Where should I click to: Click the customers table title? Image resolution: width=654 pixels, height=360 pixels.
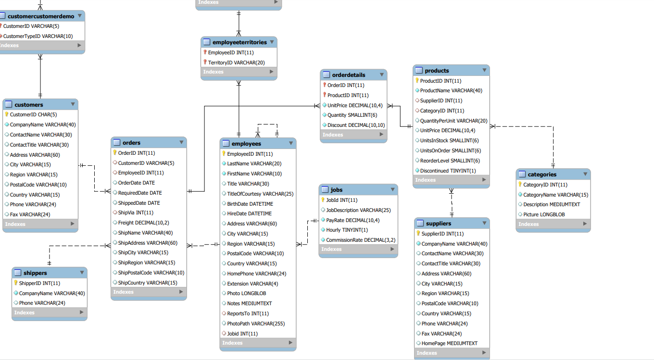pyautogui.click(x=29, y=104)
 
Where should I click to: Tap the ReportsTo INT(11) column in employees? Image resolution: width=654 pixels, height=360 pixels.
pyautogui.click(x=248, y=313)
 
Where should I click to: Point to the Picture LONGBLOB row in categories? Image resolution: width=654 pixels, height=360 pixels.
pyautogui.click(x=544, y=214)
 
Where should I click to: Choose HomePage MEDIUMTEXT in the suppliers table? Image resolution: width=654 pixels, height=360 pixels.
pyautogui.click(x=449, y=343)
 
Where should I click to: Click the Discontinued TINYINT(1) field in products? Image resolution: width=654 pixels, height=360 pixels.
pyautogui.click(x=448, y=171)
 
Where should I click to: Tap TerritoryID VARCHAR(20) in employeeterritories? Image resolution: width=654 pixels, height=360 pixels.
pyautogui.click(x=236, y=62)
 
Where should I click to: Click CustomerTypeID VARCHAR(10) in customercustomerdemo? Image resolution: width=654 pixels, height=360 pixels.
pyautogui.click(x=38, y=36)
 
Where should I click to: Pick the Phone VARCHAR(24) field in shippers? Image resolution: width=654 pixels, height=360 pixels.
pyautogui.click(x=42, y=303)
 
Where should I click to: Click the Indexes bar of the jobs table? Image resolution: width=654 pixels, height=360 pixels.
pyautogui.click(x=358, y=249)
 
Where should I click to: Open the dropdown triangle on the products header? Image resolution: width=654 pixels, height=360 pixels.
pyautogui.click(x=484, y=70)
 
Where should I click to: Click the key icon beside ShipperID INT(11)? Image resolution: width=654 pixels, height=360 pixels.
pyautogui.click(x=15, y=283)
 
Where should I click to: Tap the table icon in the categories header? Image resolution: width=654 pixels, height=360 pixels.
pyautogui.click(x=522, y=174)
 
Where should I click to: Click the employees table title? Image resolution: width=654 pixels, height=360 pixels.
pyautogui.click(x=246, y=143)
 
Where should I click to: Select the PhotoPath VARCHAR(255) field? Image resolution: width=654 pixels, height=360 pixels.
pyautogui.click(x=256, y=323)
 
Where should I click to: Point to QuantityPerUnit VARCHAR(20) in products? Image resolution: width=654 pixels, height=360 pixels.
pyautogui.click(x=453, y=121)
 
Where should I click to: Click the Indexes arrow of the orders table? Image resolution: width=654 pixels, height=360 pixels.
pyautogui.click(x=181, y=292)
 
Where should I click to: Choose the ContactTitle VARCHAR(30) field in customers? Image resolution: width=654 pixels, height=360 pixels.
pyautogui.click(x=39, y=145)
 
